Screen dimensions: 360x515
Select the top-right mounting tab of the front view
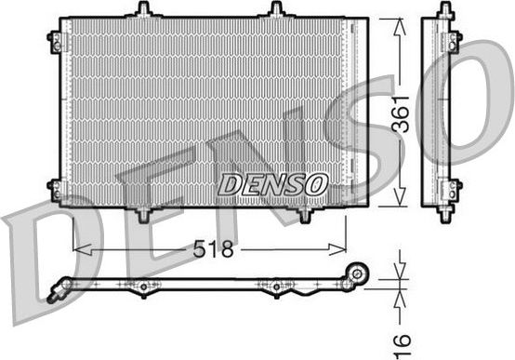tap(276, 9)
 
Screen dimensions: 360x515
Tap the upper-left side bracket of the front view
tap(55, 40)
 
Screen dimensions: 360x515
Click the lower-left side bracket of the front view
tap(55, 191)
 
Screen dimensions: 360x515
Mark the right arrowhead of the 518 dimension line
tap(341, 249)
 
